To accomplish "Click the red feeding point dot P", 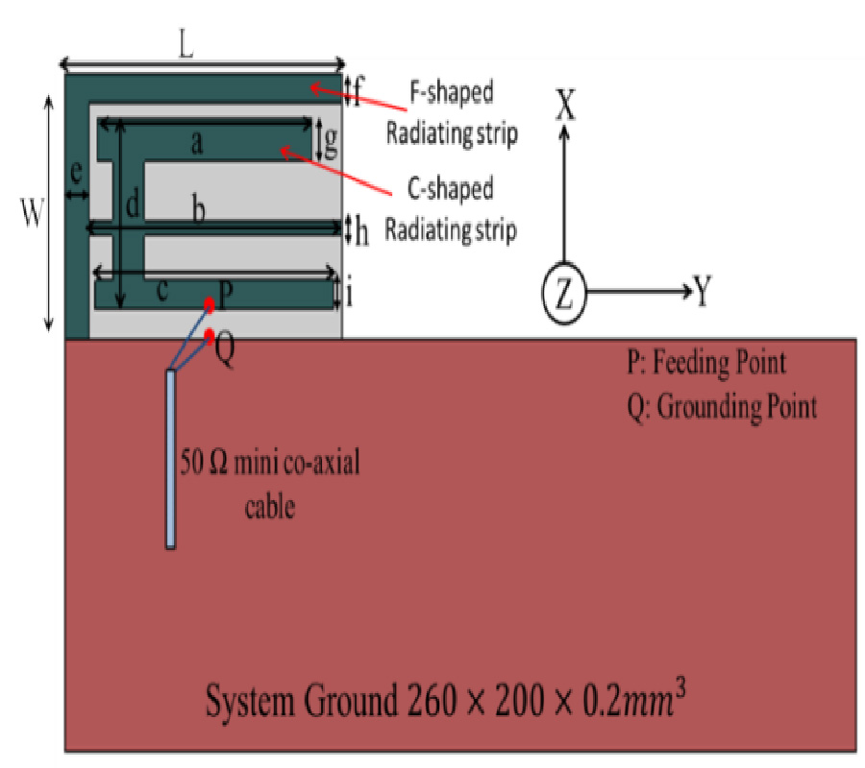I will [x=209, y=304].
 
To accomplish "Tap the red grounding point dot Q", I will [x=210, y=336].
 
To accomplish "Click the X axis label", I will [x=566, y=104].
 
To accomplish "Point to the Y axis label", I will [x=703, y=293].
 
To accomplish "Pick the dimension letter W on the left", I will [x=33, y=216].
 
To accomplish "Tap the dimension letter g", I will [x=330, y=141].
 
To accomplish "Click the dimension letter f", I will [x=358, y=92].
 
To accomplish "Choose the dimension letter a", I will [x=196, y=144].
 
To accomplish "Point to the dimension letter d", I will [x=133, y=203].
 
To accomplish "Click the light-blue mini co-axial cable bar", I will [x=171, y=459].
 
